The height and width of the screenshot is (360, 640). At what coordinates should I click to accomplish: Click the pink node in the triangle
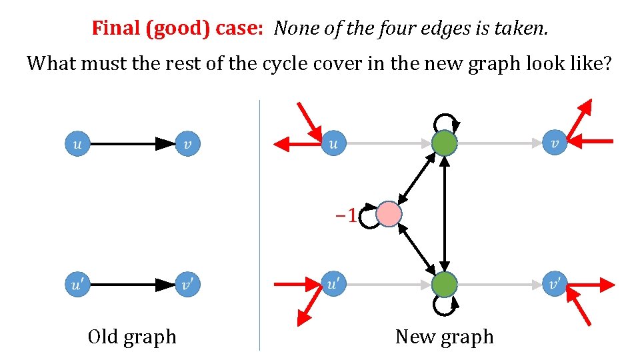coord(389,215)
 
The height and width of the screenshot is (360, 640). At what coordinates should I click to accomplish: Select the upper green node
coord(444,143)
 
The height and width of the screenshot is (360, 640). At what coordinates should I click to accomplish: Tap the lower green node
coord(444,285)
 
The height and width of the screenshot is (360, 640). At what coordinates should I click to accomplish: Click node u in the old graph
coord(77,143)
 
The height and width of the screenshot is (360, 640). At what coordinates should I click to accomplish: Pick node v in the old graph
coord(188,143)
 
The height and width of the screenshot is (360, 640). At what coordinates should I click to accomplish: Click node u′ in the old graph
coord(77,285)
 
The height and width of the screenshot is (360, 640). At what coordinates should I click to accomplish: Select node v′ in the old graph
coord(188,285)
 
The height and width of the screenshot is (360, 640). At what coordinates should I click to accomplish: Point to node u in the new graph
coord(334,143)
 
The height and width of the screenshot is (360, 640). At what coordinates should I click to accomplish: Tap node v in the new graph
coord(555,143)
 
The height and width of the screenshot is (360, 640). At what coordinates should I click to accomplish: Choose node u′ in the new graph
coord(334,285)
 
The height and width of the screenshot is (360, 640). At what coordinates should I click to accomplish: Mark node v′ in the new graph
coord(555,285)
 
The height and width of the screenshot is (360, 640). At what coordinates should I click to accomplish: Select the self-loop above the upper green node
coord(445,121)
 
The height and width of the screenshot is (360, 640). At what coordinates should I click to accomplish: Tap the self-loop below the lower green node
coord(445,307)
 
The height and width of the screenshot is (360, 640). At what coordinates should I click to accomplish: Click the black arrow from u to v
coord(133,143)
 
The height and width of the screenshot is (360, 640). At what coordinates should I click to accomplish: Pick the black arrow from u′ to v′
coord(133,285)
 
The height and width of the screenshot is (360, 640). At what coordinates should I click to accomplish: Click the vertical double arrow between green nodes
coord(445,213)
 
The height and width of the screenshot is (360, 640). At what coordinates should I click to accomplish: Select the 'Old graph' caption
coord(132,337)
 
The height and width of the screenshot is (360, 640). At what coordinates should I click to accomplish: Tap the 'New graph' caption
coord(444,337)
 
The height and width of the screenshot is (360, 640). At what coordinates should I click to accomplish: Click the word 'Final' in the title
coord(114,29)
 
